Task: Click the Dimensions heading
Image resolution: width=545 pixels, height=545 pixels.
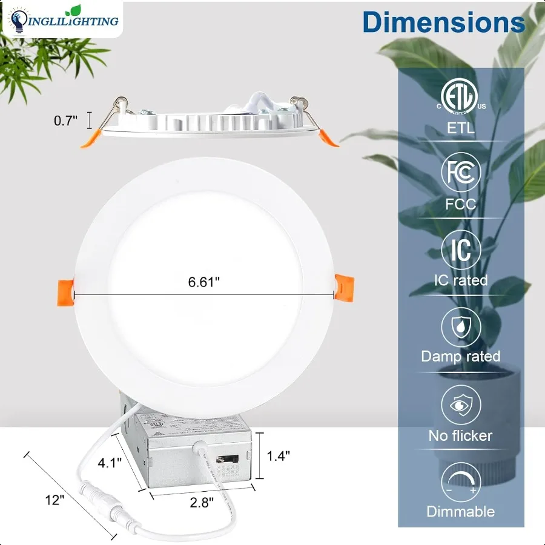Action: [x=443, y=22]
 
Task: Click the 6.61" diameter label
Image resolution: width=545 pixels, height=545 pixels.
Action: [x=203, y=282]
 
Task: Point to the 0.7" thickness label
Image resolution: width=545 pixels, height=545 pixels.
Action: [x=65, y=121]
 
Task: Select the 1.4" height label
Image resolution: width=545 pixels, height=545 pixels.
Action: [x=279, y=455]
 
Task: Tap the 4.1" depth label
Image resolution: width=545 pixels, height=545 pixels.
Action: [x=111, y=463]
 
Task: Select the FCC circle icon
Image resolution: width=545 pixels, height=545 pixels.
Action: [x=461, y=173]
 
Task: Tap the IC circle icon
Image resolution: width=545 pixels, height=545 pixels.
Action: [x=461, y=249]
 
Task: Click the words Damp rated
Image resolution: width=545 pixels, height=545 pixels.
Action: [x=461, y=356]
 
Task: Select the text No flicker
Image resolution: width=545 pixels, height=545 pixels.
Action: [x=461, y=435]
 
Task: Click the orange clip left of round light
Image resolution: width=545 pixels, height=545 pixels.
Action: [x=65, y=288]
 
